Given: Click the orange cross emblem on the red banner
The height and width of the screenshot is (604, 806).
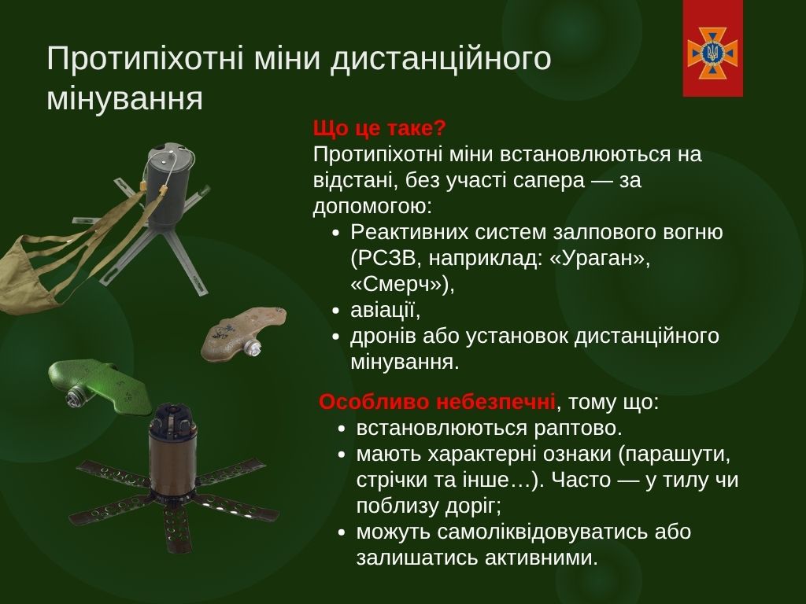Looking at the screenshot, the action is [712, 53].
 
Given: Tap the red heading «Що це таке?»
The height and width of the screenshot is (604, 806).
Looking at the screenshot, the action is [379, 128].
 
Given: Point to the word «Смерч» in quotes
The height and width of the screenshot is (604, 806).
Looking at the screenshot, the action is [396, 285].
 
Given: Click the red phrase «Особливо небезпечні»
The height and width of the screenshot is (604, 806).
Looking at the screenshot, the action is [437, 402].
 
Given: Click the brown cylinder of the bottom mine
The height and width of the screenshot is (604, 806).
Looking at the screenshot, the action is [172, 462].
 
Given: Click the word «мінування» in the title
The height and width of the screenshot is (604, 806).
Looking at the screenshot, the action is [124, 98].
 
